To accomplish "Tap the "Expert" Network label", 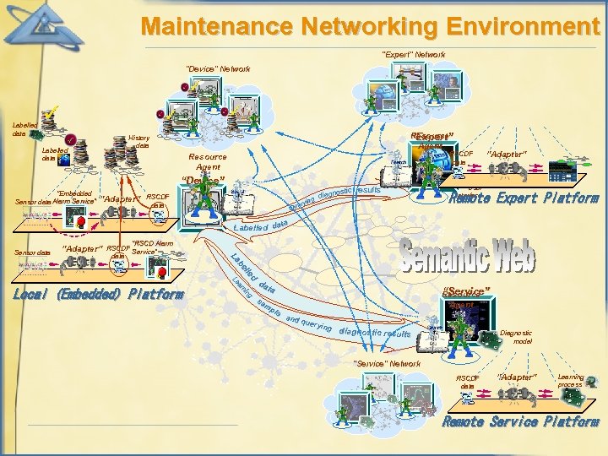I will click(x=413, y=55).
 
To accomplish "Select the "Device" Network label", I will click(x=218, y=68).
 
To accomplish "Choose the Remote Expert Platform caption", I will click(x=524, y=199).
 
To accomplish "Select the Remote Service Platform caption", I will click(x=521, y=421).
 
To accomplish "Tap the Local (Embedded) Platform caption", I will click(x=98, y=295).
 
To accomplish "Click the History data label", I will click(x=138, y=141).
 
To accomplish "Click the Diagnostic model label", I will click(x=517, y=337).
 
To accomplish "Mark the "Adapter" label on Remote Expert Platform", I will click(x=508, y=155).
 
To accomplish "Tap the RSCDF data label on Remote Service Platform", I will click(x=467, y=381).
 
